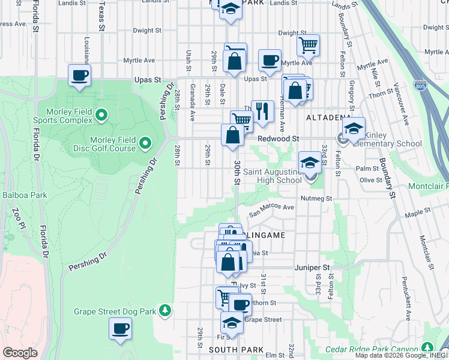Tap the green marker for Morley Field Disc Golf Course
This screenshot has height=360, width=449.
[145, 143]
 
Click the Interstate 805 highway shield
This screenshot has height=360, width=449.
[421, 86]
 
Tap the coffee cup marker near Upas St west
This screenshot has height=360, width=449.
[79, 76]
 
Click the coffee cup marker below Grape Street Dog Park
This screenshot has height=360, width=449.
[121, 329]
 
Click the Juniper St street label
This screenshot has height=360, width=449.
[313, 267]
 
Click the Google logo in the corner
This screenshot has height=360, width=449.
[20, 353]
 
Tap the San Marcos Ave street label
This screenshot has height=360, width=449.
[272, 208]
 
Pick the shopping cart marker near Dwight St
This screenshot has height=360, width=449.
[308, 45]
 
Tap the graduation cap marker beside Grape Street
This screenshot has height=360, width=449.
[232, 323]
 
